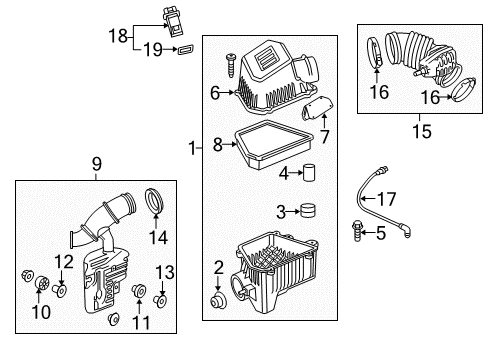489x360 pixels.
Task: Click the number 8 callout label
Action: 217,145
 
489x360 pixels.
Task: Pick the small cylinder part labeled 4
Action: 310,172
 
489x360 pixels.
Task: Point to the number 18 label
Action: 117,36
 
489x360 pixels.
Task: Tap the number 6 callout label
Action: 215,93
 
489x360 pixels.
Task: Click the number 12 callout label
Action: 63,262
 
